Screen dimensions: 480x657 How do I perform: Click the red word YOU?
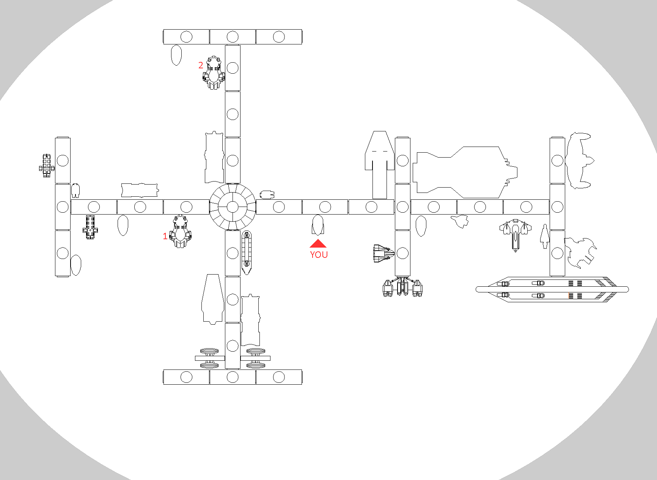319,255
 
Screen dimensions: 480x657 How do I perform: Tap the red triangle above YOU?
318,244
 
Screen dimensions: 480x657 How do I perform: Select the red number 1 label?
165,237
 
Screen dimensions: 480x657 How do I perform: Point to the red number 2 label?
201,65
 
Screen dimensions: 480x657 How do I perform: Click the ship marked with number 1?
181,231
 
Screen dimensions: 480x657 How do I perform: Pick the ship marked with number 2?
214,73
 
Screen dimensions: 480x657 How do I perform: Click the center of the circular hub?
233,207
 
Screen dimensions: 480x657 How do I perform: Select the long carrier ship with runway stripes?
552,289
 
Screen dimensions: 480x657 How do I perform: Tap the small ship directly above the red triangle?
317,225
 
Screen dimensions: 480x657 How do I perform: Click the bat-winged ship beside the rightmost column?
578,161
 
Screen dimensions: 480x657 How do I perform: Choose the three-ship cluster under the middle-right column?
402,287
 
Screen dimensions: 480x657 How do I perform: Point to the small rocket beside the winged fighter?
545,236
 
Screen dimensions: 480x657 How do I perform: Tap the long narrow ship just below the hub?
247,253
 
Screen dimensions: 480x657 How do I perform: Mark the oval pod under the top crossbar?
176,55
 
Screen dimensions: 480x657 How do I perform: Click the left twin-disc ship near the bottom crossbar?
209,358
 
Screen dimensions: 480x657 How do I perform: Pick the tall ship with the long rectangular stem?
379,165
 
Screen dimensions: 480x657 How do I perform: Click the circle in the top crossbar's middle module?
233,37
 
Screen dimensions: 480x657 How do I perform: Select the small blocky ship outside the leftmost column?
46,166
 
